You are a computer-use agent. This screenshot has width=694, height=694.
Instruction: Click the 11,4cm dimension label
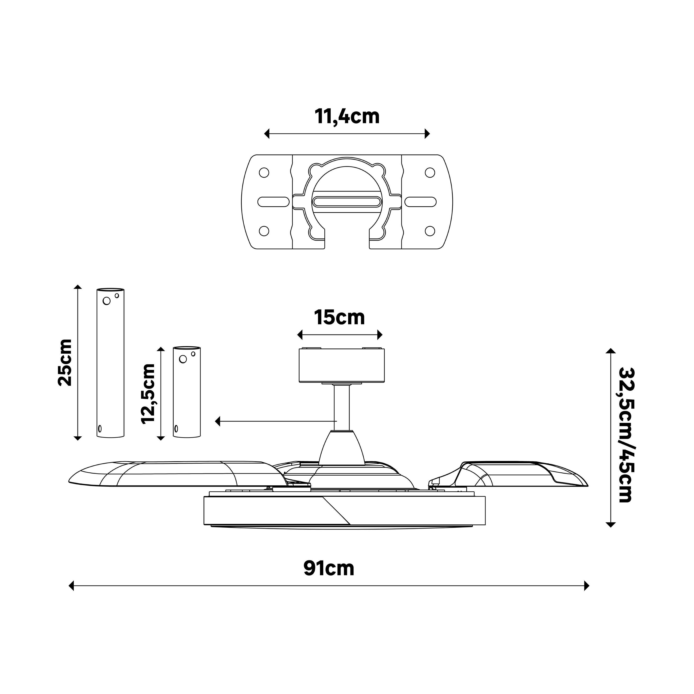[347, 116]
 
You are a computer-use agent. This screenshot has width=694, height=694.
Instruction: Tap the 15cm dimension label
[339, 318]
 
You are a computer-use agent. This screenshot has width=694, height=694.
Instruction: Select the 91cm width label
[329, 568]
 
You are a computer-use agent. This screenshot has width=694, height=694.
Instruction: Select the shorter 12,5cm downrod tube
[187, 392]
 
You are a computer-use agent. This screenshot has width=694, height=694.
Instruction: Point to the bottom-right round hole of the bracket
[430, 231]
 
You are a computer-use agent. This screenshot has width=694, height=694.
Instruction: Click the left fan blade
[176, 474]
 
